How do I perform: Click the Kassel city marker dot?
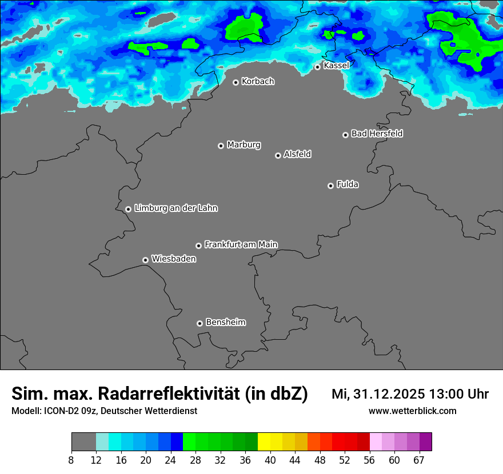click(317, 67)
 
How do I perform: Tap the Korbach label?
click(258, 82)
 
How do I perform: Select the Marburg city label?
click(243, 145)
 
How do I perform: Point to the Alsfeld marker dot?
click(278, 155)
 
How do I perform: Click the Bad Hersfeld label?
click(377, 134)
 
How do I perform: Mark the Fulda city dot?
click(330, 186)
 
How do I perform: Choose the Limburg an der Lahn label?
click(175, 208)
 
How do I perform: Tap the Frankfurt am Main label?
click(241, 244)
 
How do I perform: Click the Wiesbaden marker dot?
click(145, 260)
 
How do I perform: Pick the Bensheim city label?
click(225, 322)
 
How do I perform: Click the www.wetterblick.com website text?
click(412, 411)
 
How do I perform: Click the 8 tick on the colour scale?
click(71, 460)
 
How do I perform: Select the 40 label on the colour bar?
click(270, 460)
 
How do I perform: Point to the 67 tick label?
click(419, 460)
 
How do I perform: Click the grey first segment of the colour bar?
click(83, 442)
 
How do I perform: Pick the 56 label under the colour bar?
click(369, 460)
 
